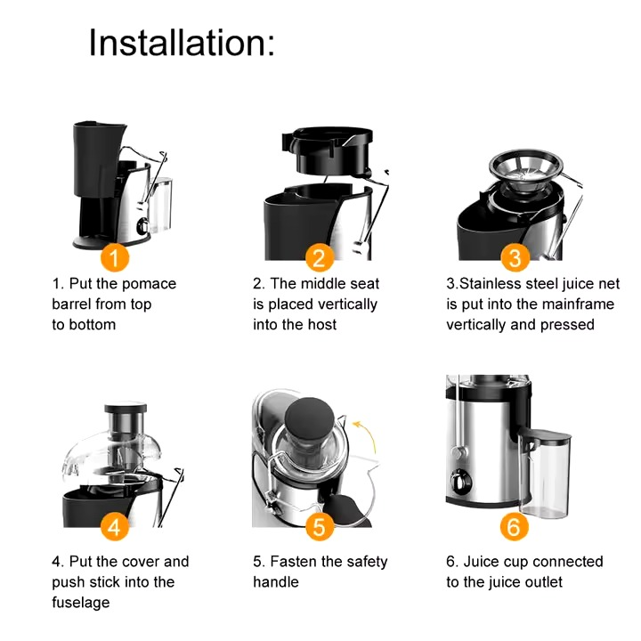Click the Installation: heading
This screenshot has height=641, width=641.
click(182, 42)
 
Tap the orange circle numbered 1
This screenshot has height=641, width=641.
click(114, 258)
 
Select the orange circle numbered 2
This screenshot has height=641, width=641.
click(320, 258)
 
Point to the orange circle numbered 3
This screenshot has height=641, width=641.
click(515, 258)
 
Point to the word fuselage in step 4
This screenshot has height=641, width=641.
click(81, 603)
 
